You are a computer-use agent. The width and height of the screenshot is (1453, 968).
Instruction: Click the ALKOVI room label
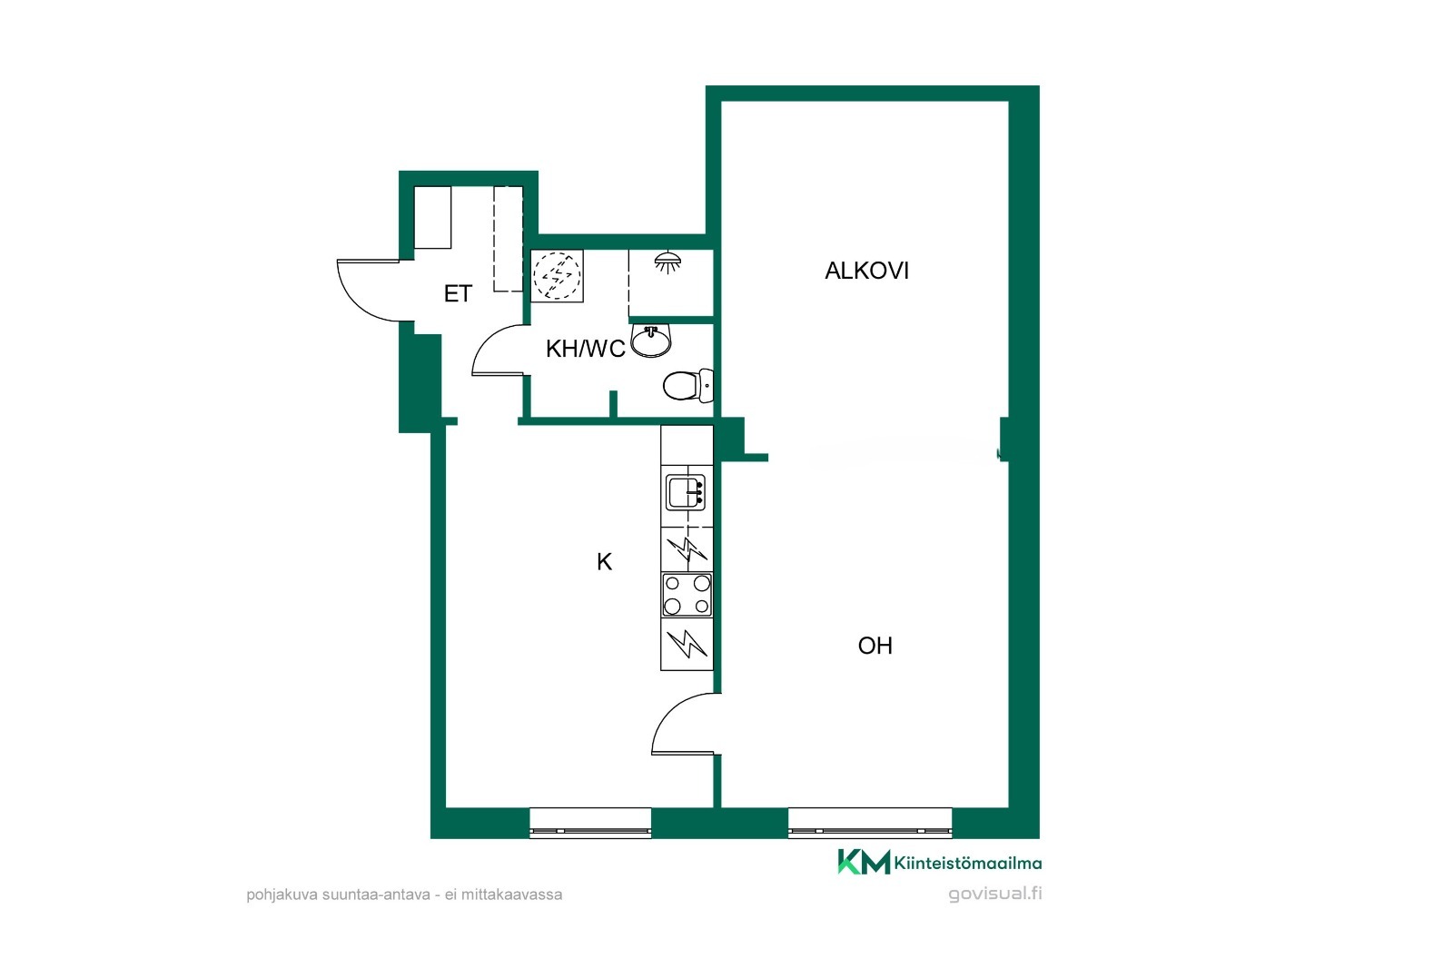(866, 271)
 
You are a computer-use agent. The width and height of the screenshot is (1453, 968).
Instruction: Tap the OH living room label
(875, 646)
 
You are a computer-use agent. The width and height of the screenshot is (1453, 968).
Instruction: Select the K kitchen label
(604, 562)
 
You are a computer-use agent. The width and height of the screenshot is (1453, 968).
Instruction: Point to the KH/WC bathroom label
(585, 349)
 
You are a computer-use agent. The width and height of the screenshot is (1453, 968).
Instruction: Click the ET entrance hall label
(458, 294)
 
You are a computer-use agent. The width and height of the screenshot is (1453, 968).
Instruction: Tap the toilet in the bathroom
(687, 385)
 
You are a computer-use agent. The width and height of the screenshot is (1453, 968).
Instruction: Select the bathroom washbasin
(650, 342)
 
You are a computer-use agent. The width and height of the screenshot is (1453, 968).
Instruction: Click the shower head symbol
(667, 262)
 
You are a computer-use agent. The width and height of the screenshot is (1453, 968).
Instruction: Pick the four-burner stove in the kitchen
(687, 594)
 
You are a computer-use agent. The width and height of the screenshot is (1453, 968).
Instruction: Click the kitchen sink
(686, 492)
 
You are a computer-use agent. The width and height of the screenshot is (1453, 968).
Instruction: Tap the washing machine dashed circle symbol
(557, 276)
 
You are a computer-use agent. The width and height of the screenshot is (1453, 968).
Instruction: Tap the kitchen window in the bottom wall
(590, 824)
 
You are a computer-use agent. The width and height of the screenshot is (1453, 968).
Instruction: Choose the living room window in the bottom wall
(870, 824)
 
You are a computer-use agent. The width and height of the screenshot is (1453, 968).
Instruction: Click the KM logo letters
(864, 862)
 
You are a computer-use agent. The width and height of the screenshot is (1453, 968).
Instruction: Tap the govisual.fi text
(995, 894)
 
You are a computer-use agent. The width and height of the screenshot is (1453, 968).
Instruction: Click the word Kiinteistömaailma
(968, 863)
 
